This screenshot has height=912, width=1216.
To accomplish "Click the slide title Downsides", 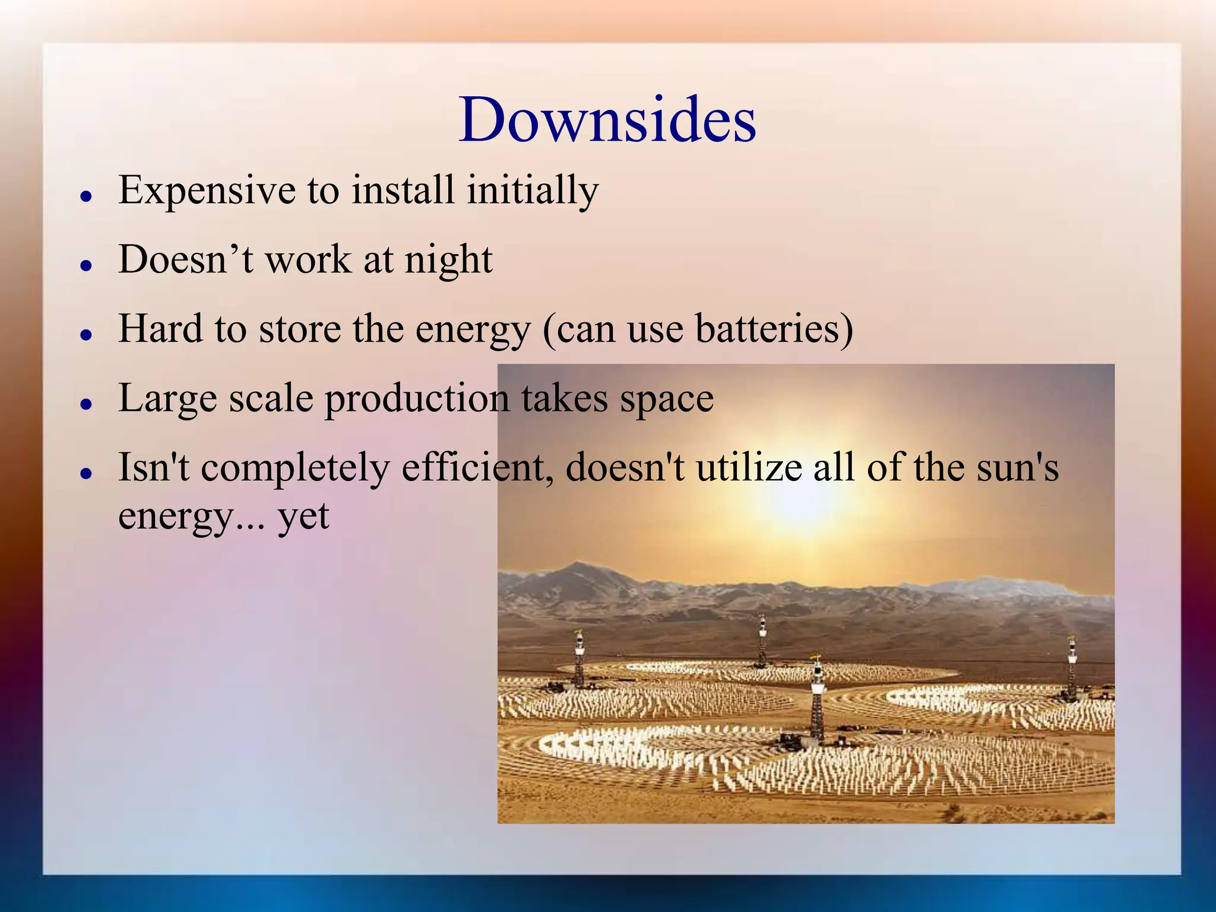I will (607, 120).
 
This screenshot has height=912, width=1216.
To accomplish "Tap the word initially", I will (532, 191).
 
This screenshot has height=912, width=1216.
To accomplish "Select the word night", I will (448, 260).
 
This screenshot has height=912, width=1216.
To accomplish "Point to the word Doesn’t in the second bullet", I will (185, 260).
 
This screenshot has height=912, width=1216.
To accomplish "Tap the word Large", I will (167, 398).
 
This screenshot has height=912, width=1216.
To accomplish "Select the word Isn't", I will (153, 467).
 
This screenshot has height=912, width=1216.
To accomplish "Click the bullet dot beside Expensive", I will (87, 195).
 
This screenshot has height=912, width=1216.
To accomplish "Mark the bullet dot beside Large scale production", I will (87, 404).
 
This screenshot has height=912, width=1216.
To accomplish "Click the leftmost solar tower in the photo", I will (579, 659).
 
